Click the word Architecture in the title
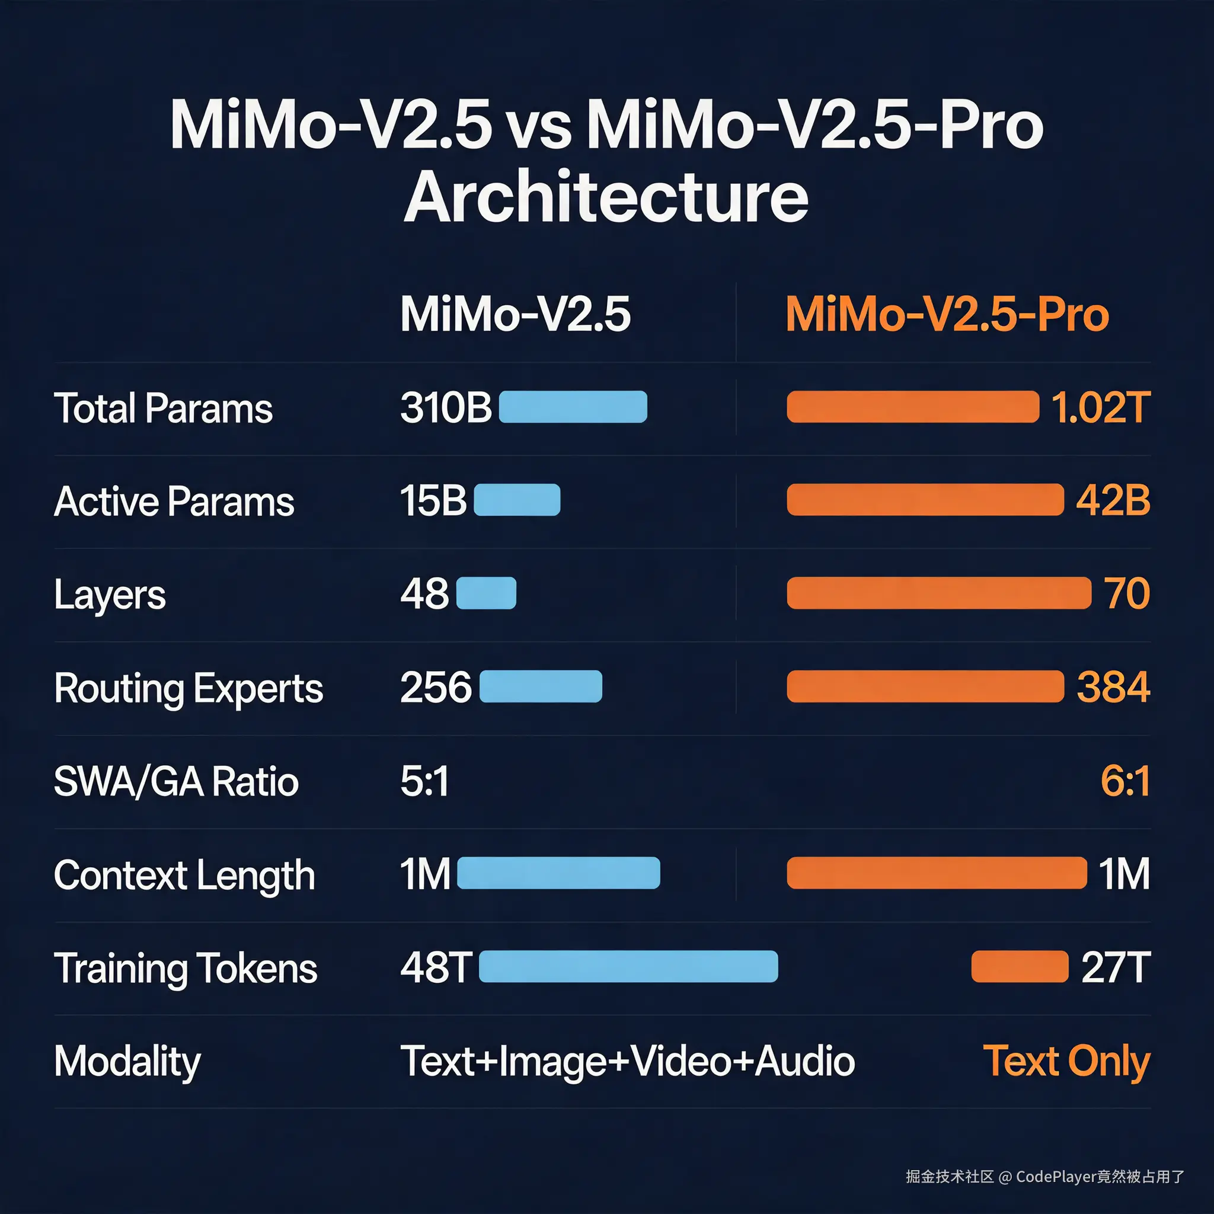(x=606, y=197)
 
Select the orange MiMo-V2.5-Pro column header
(x=947, y=314)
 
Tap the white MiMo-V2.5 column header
(x=515, y=314)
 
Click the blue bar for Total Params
(x=573, y=407)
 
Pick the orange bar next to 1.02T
(x=912, y=407)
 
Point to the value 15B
(x=433, y=501)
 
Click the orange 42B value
(x=1113, y=501)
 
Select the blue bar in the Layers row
(x=485, y=593)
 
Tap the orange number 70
(x=1127, y=593)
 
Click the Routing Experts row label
(x=189, y=688)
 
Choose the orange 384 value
(x=1113, y=687)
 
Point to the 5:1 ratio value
(x=425, y=781)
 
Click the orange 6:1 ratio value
(x=1126, y=781)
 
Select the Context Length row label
(x=184, y=875)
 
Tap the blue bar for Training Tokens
(x=628, y=966)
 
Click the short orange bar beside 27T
(x=1019, y=966)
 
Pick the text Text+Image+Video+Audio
(x=627, y=1060)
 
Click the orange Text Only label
(x=1066, y=1060)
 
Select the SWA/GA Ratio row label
(x=176, y=782)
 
